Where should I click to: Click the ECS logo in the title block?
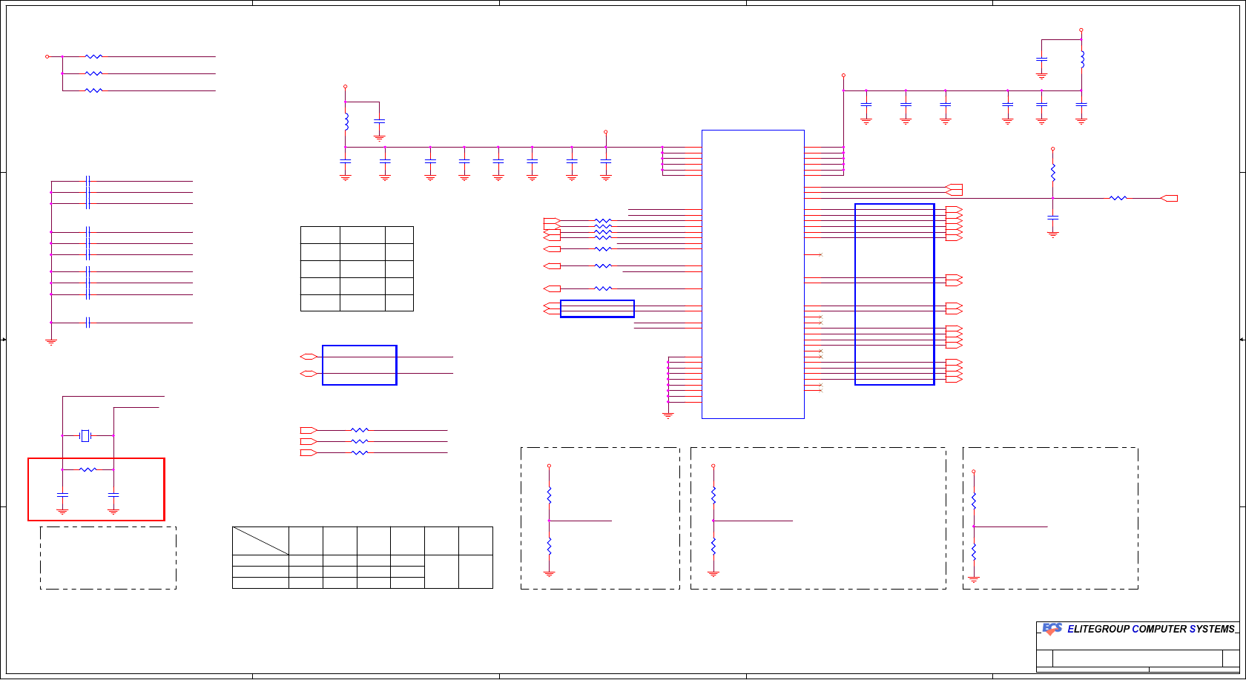coord(1052,629)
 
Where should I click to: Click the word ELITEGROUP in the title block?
coord(1098,629)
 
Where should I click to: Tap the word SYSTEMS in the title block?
coord(1213,629)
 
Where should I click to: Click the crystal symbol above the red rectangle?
coord(85,435)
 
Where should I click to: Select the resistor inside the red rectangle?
coord(88,469)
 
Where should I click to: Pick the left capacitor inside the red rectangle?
coord(62,494)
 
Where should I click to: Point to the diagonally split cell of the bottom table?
coord(260,541)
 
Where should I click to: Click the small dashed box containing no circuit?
coord(108,558)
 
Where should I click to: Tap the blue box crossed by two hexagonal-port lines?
coord(360,365)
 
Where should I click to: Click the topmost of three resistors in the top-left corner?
coord(93,56)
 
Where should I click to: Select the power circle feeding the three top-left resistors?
coord(47,56)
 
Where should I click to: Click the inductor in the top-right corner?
coord(1082,59)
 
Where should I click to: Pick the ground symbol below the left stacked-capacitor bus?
coord(51,342)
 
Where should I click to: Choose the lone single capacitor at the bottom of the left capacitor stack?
coord(88,323)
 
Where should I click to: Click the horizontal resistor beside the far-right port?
coord(1118,198)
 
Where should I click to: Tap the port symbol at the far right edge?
coord(1169,198)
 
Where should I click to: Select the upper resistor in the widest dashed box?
coord(713,495)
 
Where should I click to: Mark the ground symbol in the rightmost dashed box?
coord(974,578)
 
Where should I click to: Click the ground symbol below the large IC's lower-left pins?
coord(667,416)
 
